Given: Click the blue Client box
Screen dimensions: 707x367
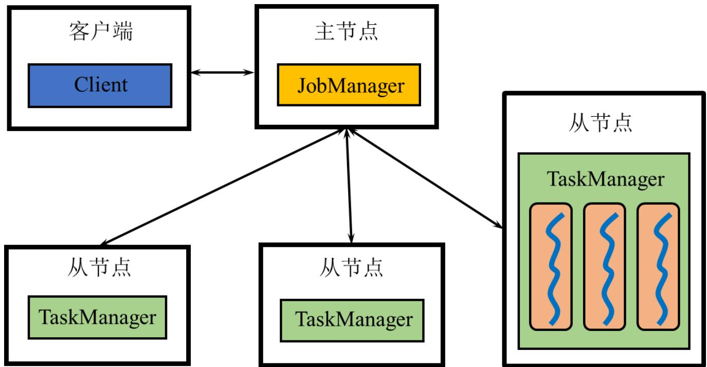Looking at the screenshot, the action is [x=100, y=85].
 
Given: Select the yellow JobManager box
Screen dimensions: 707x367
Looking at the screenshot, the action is [x=349, y=85].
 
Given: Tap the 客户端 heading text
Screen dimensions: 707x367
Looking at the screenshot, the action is [x=101, y=31].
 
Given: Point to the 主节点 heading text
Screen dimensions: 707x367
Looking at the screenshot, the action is [x=346, y=31].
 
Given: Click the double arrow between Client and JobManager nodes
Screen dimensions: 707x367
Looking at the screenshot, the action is [x=222, y=72].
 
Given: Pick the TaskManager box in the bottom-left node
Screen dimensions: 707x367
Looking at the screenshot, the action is [x=97, y=318].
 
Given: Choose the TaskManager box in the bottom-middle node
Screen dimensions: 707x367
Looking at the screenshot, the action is [x=352, y=320].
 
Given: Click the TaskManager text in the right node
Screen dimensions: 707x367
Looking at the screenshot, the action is [x=605, y=179].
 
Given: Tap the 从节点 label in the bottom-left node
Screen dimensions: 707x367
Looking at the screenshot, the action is [x=99, y=268].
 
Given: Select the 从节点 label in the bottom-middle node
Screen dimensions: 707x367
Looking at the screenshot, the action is [x=351, y=268].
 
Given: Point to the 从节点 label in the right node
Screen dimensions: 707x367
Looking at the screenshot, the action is [x=601, y=122].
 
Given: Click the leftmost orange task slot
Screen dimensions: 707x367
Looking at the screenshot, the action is [x=551, y=267].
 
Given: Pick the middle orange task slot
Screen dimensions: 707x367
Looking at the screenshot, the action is [x=605, y=267].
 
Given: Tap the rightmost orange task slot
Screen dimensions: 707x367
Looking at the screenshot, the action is [x=658, y=267].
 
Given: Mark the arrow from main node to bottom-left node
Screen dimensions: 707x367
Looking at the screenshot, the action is [x=222, y=187].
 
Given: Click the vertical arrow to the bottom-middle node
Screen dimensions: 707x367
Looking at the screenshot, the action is [x=349, y=186].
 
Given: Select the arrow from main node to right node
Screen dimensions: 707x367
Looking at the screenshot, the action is [x=426, y=178].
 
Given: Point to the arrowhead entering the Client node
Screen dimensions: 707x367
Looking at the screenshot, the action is [x=196, y=72].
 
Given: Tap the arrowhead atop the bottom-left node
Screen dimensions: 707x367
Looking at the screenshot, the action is [x=105, y=242].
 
